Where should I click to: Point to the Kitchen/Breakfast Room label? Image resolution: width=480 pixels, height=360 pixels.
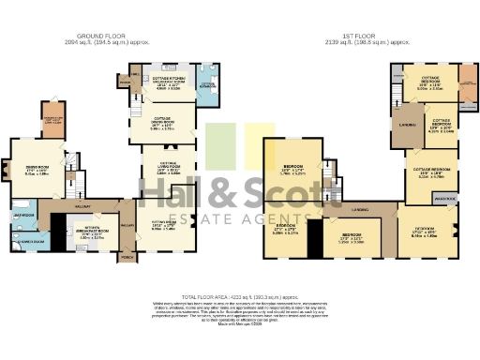click(x=90, y=234)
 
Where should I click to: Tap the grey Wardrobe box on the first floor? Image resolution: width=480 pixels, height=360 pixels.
click(x=445, y=198)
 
